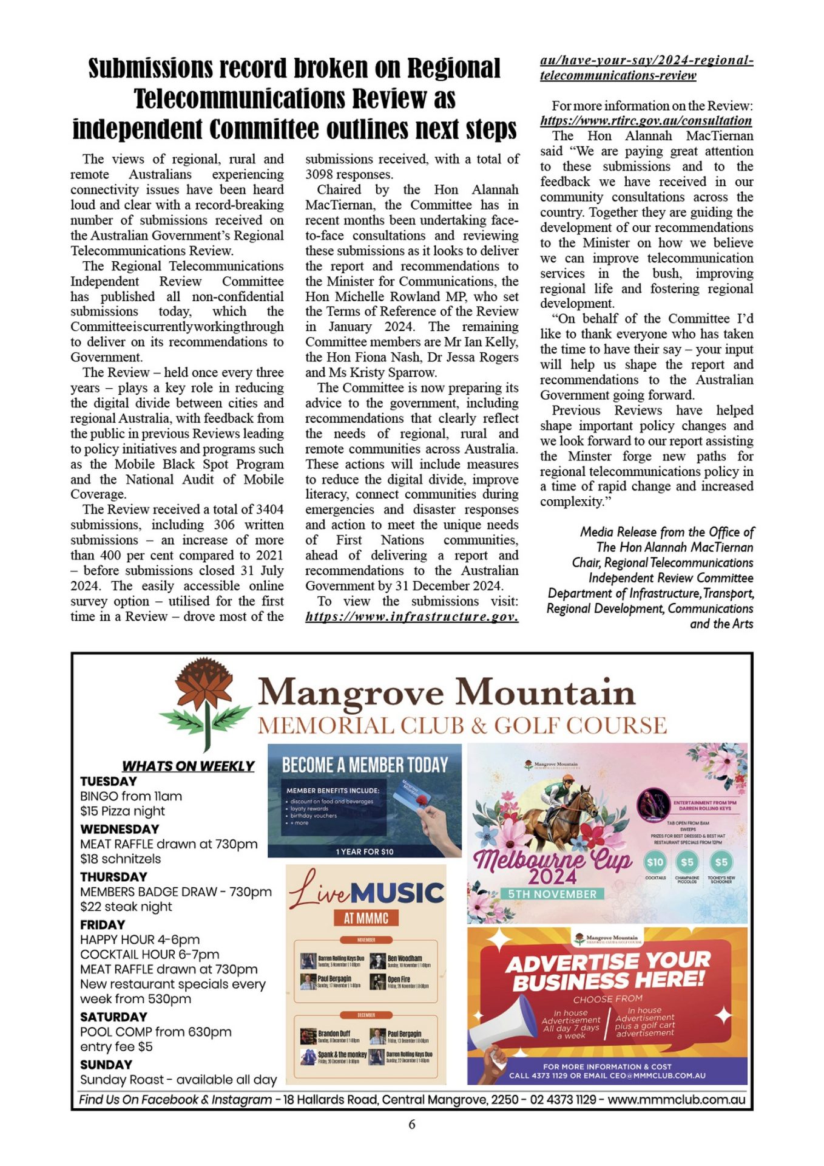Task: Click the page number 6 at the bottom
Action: point(412,1124)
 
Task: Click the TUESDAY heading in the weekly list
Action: point(109,781)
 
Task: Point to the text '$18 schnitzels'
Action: point(121,859)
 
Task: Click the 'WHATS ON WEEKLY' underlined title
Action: point(188,766)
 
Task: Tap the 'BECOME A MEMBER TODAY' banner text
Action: point(365,765)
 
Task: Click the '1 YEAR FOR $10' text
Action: point(365,851)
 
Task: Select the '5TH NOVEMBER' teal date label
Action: point(552,894)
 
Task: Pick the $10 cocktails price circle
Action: point(655,862)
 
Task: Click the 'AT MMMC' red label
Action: point(366,918)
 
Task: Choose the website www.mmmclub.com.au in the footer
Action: point(676,1099)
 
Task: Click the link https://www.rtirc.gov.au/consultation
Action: point(646,121)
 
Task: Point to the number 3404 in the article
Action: point(269,509)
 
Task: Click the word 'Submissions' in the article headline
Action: point(149,68)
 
